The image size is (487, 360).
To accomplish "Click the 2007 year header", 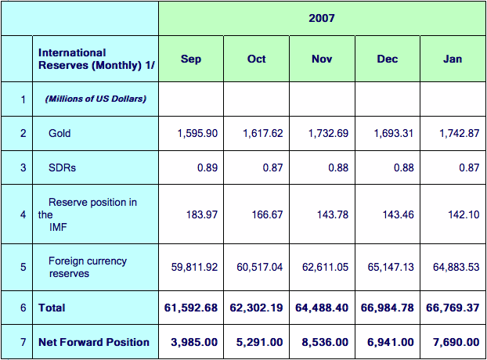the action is tap(322, 18).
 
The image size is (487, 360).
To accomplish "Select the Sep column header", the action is tap(191, 59).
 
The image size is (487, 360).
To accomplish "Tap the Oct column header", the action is tap(256, 59).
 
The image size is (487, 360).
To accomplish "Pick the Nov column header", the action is tap(322, 59).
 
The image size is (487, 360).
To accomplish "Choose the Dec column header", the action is tap(388, 59).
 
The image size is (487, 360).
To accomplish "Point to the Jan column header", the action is tap(453, 59).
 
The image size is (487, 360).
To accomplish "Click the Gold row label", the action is tap(60, 133).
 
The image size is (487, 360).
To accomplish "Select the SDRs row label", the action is tap(62, 167).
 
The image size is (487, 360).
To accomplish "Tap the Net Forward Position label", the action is tap(94, 342).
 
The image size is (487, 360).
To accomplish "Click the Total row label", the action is tap(52, 308).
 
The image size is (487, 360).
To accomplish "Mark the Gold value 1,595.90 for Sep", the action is tap(197, 133).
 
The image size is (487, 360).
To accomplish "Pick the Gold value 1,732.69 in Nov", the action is tap(328, 133).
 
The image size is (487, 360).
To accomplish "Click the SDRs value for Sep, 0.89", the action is tap(207, 167).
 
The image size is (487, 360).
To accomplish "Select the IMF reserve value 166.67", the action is tap(267, 214).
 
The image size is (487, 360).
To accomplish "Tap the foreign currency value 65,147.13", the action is tap(391, 267).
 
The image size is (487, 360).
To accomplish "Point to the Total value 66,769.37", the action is tap(453, 308).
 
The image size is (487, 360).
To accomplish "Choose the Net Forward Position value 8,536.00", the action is tap(325, 342).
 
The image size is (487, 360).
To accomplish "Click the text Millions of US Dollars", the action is tap(96, 99).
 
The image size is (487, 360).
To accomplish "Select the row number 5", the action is tap(23, 267).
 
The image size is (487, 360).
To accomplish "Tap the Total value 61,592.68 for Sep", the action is tap(191, 308).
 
